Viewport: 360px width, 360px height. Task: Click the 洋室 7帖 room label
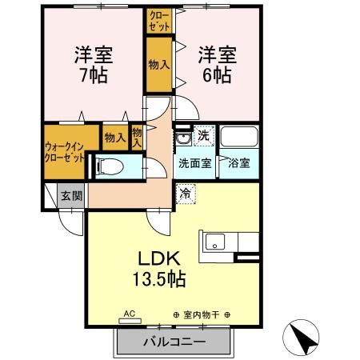click(94, 66)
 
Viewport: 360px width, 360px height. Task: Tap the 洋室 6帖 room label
click(217, 66)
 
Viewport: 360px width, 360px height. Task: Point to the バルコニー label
click(175, 341)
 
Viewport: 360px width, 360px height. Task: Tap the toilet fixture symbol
click(111, 167)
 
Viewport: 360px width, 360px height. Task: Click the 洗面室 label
click(195, 164)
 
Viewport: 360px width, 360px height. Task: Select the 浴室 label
click(239, 164)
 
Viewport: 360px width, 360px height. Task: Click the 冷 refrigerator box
click(185, 192)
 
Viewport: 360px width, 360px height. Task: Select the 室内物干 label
click(201, 314)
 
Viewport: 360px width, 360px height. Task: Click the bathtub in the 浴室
click(238, 137)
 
